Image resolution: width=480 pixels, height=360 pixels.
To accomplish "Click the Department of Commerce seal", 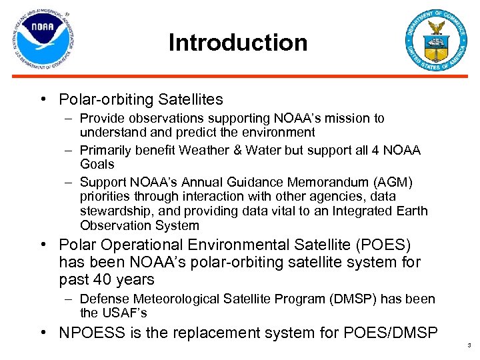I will (x=437, y=41).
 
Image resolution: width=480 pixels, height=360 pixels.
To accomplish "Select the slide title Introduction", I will (x=238, y=43).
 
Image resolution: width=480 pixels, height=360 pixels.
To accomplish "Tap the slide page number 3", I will (x=469, y=345).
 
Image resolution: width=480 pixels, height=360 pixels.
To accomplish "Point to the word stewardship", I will (x=113, y=211).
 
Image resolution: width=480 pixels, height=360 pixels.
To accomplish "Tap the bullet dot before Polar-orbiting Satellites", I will (x=43, y=100).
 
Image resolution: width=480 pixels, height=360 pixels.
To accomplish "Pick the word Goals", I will (x=97, y=164).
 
